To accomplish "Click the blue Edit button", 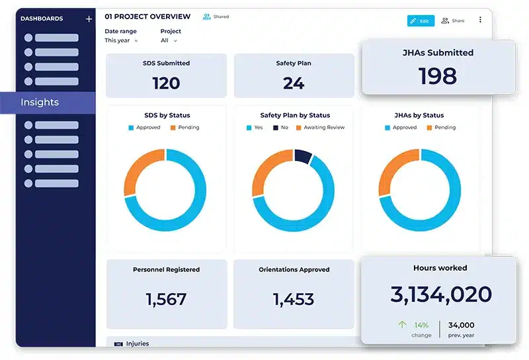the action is (421, 21).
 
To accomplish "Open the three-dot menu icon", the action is (480, 20).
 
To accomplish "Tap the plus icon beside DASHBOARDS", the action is (89, 19).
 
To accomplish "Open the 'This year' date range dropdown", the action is (121, 40).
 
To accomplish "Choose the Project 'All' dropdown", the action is (169, 40).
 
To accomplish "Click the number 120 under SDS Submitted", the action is (166, 83).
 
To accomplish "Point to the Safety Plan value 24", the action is (294, 83).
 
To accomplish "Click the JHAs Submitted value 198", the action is (438, 76).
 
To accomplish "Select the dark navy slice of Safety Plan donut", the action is (303, 156).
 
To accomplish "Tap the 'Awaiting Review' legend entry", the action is (321, 128).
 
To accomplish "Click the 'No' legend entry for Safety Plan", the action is (280, 128).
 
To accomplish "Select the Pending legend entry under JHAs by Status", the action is (441, 128).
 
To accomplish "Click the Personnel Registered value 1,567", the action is (166, 299).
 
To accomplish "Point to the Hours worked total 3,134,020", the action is (441, 294).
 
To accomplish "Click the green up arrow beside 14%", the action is (402, 325).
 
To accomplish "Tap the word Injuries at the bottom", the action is (138, 343).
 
